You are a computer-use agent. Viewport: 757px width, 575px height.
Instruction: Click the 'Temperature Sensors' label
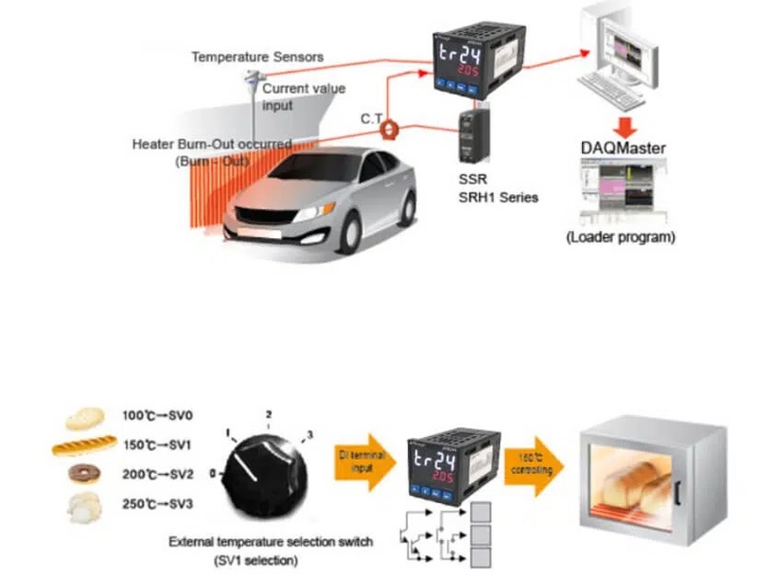click(x=257, y=57)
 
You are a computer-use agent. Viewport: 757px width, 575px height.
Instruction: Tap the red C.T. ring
click(x=388, y=132)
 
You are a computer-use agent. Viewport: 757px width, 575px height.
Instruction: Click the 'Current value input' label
click(x=304, y=96)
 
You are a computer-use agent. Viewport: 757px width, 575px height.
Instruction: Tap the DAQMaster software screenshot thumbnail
click(x=620, y=190)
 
